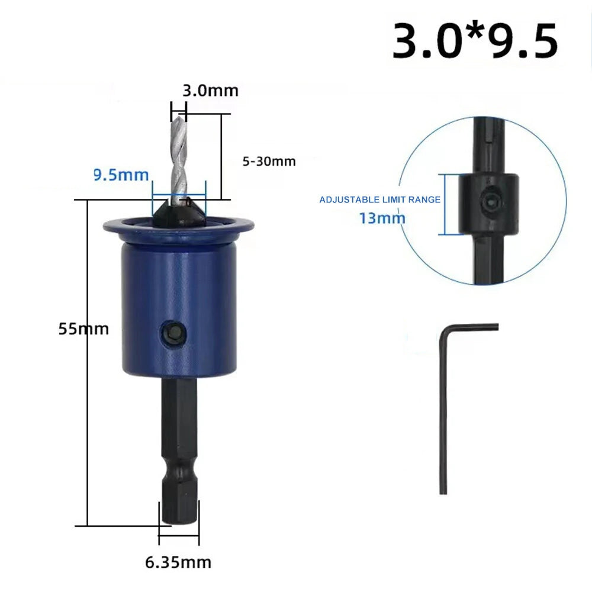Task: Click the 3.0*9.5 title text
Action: click(475, 41)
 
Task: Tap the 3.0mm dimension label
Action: click(211, 91)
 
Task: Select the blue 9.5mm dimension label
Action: click(121, 175)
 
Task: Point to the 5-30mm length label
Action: click(269, 162)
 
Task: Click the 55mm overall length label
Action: click(84, 329)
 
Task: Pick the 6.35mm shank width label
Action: click(178, 562)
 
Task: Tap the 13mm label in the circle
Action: click(382, 218)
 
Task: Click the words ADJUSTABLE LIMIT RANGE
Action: click(380, 200)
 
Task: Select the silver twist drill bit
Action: click(179, 159)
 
